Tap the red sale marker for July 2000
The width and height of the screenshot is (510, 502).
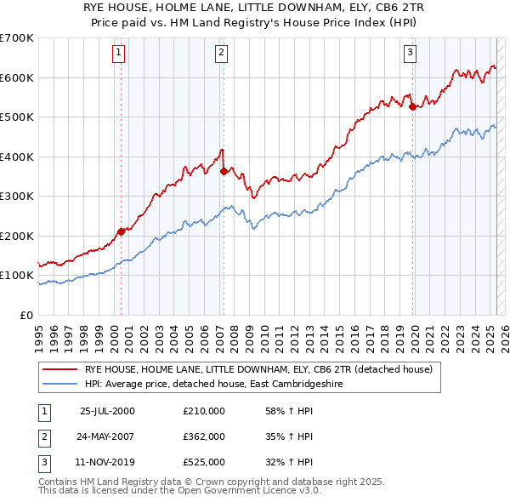coord(121,231)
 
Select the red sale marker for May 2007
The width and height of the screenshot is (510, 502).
coord(224,171)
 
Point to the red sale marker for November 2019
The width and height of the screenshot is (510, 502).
coord(412,107)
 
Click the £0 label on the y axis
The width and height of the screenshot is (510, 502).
coord(27,315)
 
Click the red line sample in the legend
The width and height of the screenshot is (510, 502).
coord(59,369)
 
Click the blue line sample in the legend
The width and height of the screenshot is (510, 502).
coord(59,384)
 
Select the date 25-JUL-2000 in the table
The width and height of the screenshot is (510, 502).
coord(107,411)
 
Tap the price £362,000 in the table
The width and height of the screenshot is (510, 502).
coord(204,436)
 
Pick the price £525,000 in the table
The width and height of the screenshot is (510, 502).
coord(204,462)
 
